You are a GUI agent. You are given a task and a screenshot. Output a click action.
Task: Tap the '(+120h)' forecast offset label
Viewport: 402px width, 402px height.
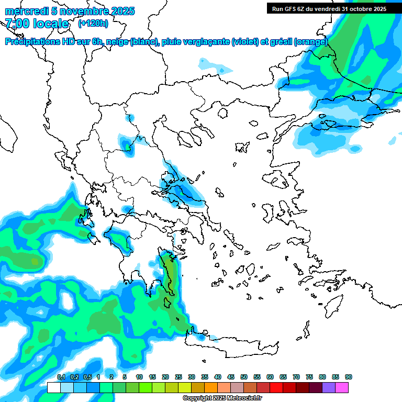tap(93, 23)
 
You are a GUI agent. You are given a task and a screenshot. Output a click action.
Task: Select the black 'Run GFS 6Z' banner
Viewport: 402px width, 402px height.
tap(329, 8)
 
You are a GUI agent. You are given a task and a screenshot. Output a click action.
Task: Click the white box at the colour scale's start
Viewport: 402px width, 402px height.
tap(54, 387)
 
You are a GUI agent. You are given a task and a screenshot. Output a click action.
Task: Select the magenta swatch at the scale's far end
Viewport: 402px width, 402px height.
tap(342, 387)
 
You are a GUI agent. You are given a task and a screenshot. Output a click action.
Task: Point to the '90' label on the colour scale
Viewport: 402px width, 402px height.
tap(349, 377)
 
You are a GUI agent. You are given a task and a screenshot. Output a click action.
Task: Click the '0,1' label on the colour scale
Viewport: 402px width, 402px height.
tap(61, 377)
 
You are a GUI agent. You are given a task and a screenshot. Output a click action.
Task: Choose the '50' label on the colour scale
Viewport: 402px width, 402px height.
tap(244, 377)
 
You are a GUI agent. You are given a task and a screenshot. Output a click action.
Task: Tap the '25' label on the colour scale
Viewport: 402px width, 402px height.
tap(178, 377)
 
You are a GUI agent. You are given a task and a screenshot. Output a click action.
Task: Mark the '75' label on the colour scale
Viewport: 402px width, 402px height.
tap(309, 377)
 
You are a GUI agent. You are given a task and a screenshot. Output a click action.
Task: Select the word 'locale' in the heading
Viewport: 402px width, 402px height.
tap(51, 24)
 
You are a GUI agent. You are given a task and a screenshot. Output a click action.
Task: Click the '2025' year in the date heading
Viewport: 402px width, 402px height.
tap(122, 11)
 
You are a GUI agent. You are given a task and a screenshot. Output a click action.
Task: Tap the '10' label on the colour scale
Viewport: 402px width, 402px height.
tap(139, 377)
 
